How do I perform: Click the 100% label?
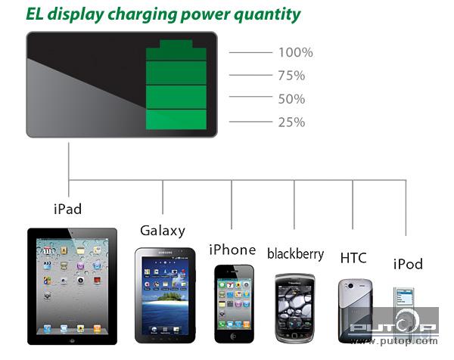[x=296, y=52]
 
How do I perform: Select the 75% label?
[x=291, y=76]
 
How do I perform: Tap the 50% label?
[x=291, y=99]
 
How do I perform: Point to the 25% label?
[x=291, y=122]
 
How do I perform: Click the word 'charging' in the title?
[x=142, y=14]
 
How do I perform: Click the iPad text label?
[x=68, y=209]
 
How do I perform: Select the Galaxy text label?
[x=163, y=231]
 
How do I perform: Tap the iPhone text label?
[x=232, y=250]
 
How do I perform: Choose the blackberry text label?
[x=296, y=254]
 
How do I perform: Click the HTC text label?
[x=353, y=258]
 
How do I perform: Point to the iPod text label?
[x=408, y=264]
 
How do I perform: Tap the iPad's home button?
[x=72, y=340]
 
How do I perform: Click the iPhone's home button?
[x=234, y=337]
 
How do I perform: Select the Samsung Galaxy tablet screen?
[x=165, y=296]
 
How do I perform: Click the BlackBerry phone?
[x=295, y=309]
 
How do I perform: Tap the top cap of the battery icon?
[x=176, y=44]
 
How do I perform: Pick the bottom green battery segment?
[x=176, y=119]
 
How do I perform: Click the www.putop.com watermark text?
[x=394, y=341]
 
